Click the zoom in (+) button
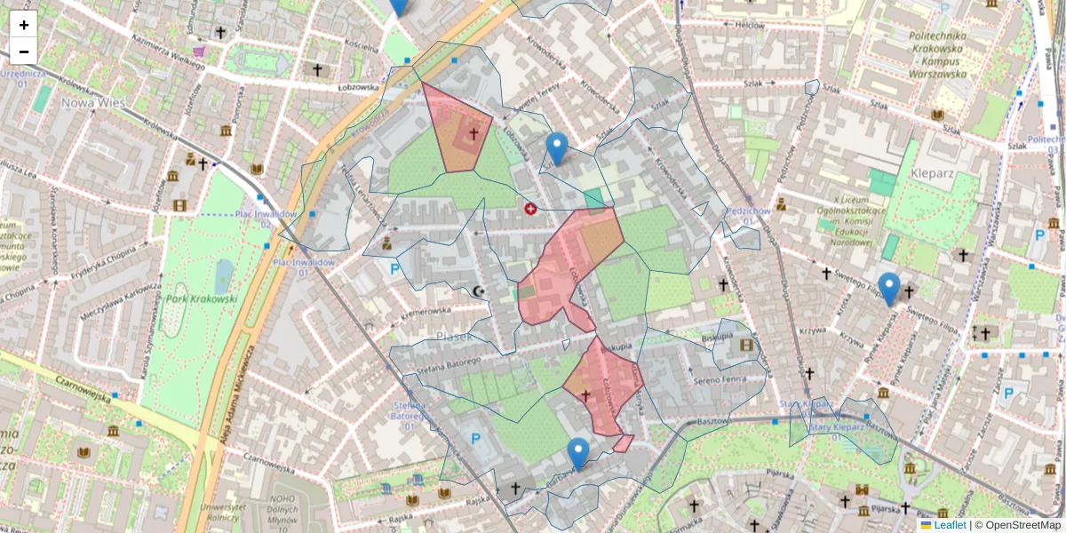(24, 25)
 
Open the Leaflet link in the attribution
(950, 525)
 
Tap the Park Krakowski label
(202, 298)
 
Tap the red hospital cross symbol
(531, 209)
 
